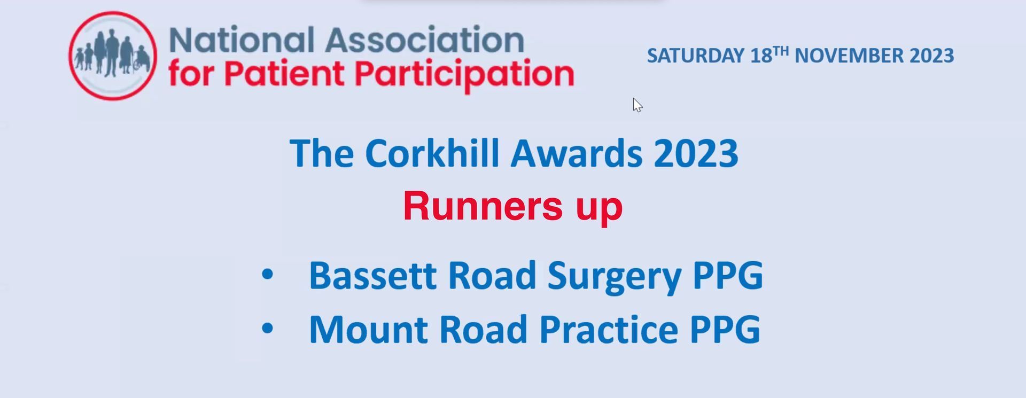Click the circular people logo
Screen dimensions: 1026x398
[x=113, y=56]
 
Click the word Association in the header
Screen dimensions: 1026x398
[x=425, y=40]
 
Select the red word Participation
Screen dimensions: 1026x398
[x=465, y=75]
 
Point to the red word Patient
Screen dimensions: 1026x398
[x=284, y=73]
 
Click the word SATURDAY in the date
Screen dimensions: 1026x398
[x=696, y=56]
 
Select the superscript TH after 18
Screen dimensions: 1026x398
[x=781, y=51]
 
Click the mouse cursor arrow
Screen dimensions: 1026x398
[x=638, y=105]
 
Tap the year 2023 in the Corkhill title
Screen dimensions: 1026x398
[x=696, y=154]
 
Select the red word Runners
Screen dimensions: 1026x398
[x=483, y=206]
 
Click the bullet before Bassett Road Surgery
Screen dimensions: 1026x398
[x=267, y=275]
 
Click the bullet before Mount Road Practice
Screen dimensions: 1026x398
[x=267, y=329]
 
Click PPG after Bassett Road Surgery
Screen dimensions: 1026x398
[x=728, y=276]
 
